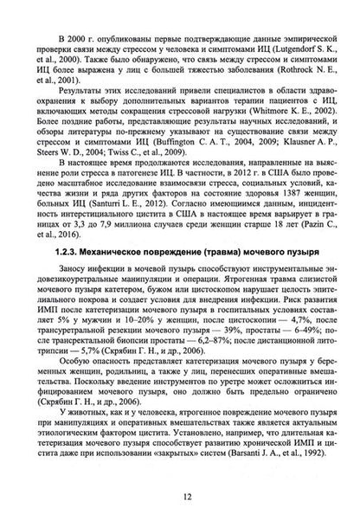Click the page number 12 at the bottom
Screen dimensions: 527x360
pos(180,496)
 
